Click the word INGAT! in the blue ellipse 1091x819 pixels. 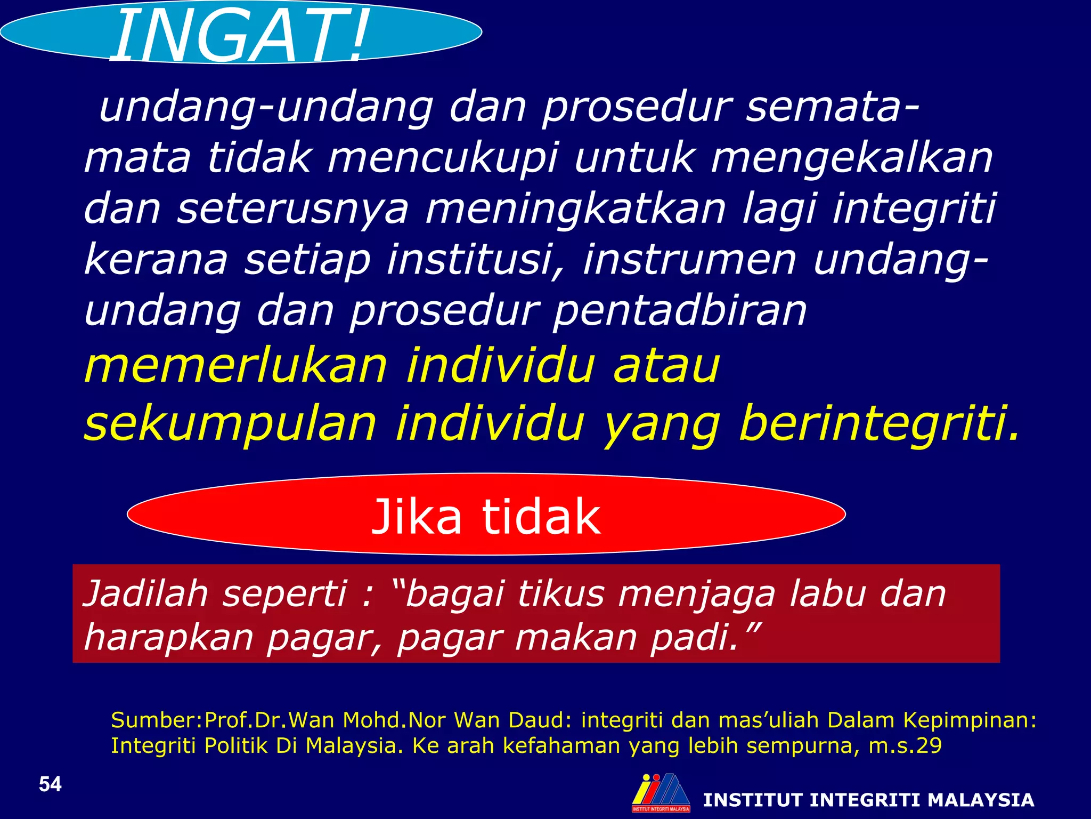tap(240, 36)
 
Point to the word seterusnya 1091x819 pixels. tap(293, 210)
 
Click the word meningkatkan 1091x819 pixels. tap(575, 210)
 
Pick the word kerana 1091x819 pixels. tap(156, 260)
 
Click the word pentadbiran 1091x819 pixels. tap(680, 311)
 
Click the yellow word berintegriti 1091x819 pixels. tap(879, 423)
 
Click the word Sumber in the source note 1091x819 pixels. tap(154, 720)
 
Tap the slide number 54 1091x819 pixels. tap(50, 784)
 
